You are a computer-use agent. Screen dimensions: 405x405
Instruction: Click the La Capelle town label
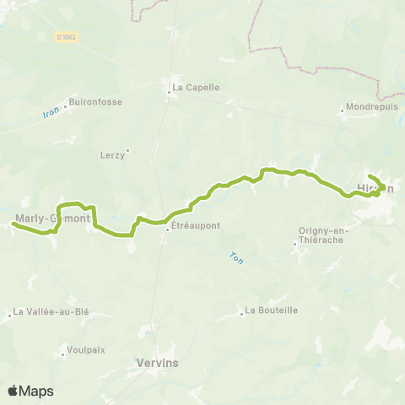point(196,87)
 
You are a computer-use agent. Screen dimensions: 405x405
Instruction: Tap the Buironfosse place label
point(95,102)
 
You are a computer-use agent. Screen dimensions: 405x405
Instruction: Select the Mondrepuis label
point(371,108)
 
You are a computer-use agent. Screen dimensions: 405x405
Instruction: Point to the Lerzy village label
point(111,154)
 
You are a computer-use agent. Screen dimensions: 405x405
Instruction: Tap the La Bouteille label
point(271,310)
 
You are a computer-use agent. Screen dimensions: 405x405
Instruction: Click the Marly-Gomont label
point(52,219)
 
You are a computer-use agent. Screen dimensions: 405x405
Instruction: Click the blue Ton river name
point(236,259)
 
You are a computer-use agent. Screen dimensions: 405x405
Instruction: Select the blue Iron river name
point(51,111)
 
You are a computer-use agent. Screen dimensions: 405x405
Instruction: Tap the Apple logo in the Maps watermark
point(13,391)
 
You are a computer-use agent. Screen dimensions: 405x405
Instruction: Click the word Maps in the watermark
point(37,391)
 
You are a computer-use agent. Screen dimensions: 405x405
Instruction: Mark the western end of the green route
point(13,224)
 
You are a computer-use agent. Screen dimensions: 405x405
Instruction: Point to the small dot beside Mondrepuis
point(342,109)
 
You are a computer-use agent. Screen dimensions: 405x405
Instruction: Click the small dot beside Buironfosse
point(65,102)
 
